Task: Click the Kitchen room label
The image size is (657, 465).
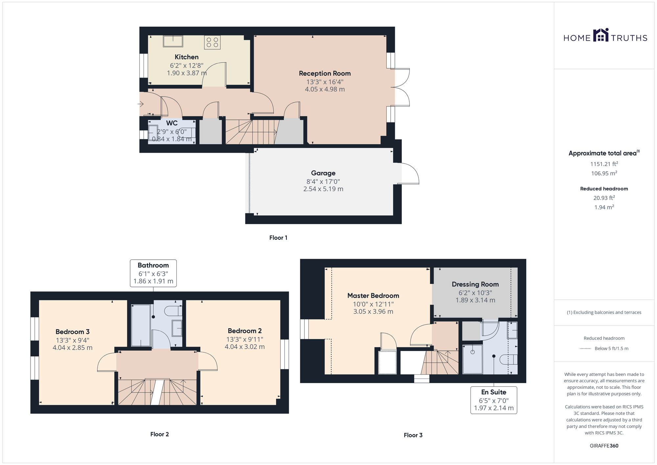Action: [186, 57]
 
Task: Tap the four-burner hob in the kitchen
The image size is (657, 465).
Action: [212, 42]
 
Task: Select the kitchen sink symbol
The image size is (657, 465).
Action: [173, 41]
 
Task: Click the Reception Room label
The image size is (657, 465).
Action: [325, 74]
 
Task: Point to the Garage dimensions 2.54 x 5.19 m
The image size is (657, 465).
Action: [323, 189]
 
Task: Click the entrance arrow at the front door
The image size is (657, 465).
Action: [141, 104]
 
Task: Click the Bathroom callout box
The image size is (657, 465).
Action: [153, 273]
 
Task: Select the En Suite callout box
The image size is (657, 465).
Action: [493, 400]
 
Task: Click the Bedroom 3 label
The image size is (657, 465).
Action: [72, 332]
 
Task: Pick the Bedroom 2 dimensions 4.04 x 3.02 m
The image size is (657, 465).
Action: [244, 347]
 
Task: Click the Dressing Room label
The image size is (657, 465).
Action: [475, 285]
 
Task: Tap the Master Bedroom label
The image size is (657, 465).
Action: [373, 296]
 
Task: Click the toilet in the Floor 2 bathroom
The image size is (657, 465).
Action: [174, 311]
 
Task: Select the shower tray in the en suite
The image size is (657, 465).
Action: [472, 359]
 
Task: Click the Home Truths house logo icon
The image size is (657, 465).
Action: [600, 35]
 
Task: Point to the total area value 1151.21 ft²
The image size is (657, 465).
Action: [604, 164]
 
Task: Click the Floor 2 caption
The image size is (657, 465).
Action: [159, 434]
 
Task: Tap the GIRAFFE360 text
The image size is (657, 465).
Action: [604, 446]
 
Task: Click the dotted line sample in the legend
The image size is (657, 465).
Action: [585, 349]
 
